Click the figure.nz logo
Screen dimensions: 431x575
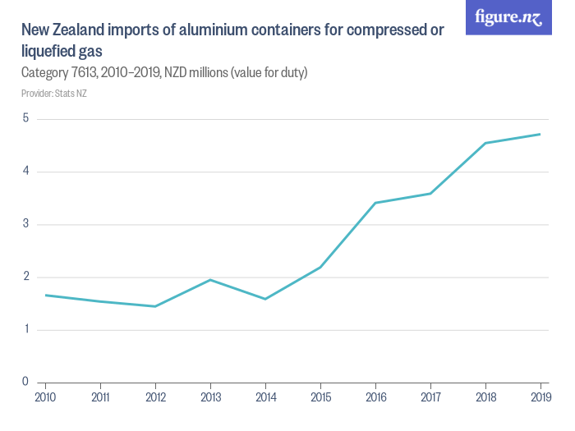[508, 17]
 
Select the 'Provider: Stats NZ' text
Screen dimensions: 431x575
[53, 94]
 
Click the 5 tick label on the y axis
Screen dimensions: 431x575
[25, 118]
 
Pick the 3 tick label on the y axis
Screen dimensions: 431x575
[25, 224]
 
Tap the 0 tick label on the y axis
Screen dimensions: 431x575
[25, 382]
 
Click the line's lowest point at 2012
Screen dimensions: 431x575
[155, 306]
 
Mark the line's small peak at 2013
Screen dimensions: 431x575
[210, 280]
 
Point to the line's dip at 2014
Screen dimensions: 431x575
[265, 299]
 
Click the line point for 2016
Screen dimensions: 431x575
[375, 203]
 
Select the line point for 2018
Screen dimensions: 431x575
[485, 143]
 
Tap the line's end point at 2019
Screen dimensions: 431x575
[540, 134]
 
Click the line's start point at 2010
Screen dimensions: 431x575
[45, 295]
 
